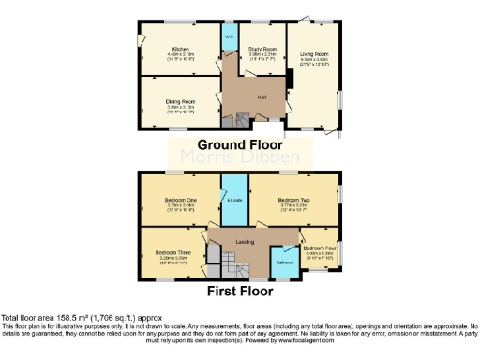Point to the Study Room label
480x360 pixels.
262,48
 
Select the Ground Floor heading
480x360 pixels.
240,146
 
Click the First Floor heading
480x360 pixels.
240,291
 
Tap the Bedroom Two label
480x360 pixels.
293,200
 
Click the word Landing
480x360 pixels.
246,242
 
